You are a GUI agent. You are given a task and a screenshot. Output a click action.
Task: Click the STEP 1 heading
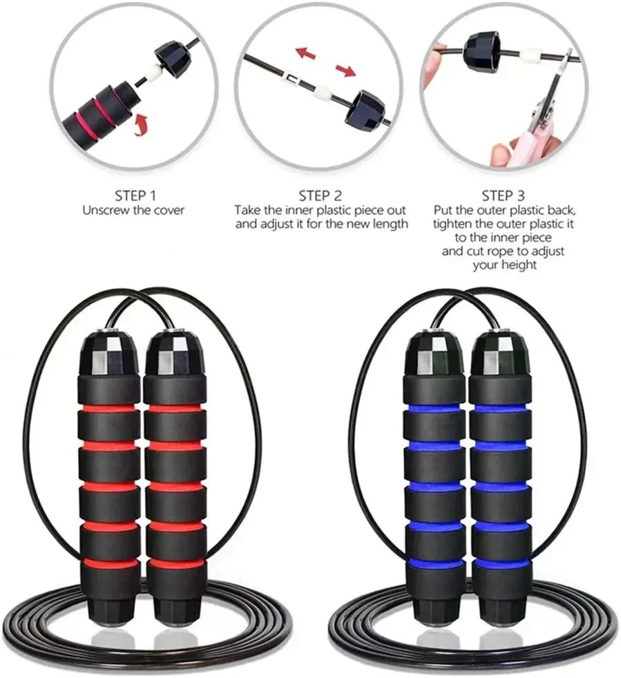pos(135,196)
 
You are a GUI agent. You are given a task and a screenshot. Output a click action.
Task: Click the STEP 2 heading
pos(321,196)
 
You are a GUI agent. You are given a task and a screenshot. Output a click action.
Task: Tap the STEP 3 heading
pos(504,196)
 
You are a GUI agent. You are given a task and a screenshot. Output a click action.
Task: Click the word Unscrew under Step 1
pos(103,211)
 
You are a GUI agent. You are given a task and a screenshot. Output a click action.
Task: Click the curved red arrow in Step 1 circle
pos(142,124)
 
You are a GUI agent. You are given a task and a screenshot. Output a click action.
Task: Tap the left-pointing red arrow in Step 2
pos(306,53)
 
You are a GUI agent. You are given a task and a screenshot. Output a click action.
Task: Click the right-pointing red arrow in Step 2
pos(345,70)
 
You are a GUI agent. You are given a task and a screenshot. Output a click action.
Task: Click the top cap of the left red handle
pos(108,352)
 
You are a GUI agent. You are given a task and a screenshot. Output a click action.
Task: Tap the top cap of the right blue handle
pos(499,352)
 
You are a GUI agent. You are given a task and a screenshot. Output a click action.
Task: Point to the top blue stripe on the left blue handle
pos(434,409)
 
